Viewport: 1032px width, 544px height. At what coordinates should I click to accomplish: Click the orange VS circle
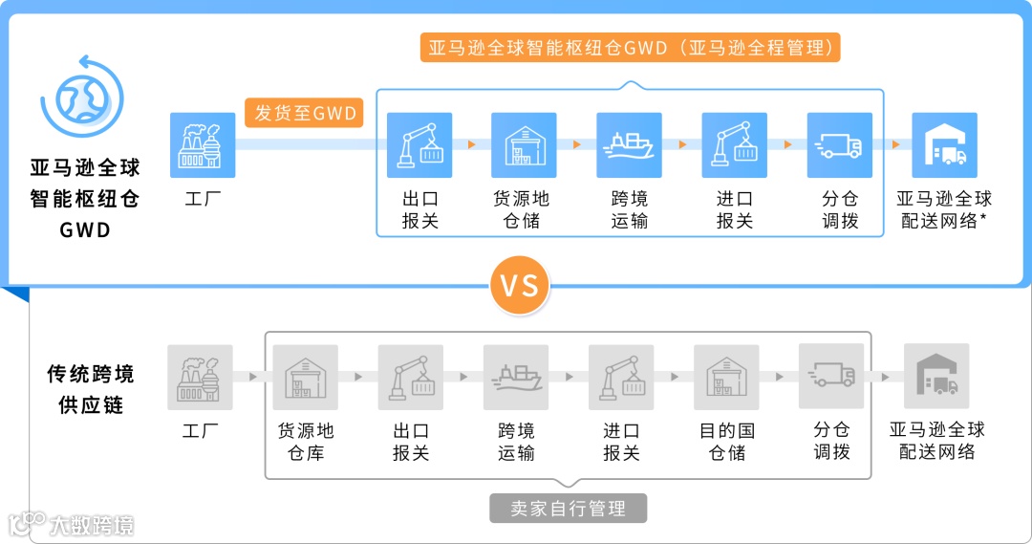click(520, 285)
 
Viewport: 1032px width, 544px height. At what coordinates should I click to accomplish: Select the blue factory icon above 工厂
click(203, 145)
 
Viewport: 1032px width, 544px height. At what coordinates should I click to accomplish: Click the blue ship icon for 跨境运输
click(630, 145)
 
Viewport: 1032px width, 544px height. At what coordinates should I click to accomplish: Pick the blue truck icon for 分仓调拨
click(840, 145)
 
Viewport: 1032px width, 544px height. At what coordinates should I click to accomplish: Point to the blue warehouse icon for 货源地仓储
click(524, 145)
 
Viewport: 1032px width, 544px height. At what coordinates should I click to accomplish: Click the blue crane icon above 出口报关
click(419, 145)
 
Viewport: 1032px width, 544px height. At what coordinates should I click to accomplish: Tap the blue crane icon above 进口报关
click(735, 145)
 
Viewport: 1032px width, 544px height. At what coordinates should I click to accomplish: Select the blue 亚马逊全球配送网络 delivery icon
click(944, 145)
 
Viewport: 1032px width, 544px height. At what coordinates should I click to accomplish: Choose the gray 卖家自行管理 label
click(568, 508)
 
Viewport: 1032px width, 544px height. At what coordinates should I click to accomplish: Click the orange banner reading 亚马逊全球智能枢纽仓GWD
click(630, 48)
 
